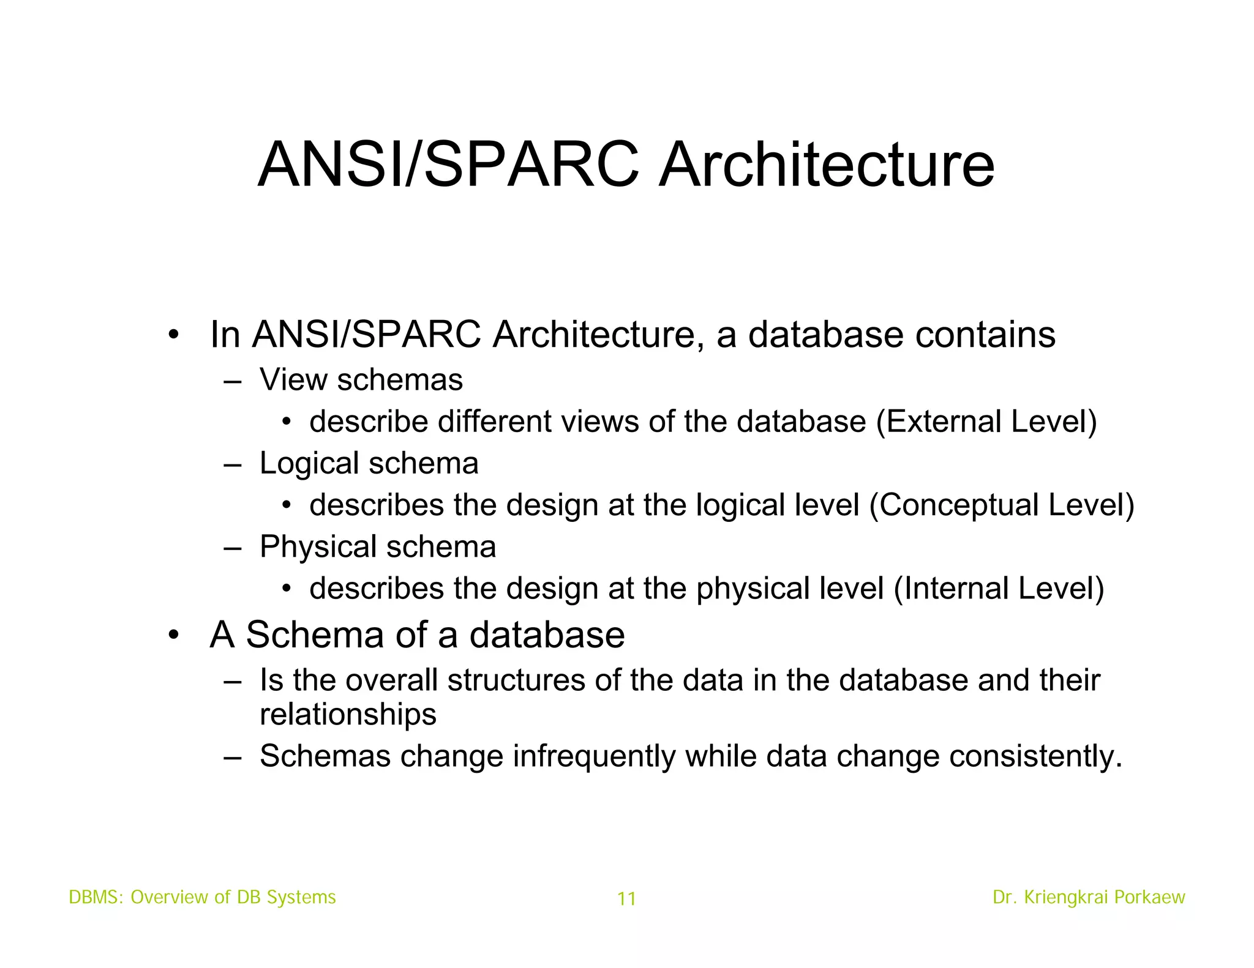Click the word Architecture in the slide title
pos(826,165)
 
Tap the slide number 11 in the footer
pos(626,899)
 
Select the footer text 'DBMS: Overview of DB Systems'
pos(202,897)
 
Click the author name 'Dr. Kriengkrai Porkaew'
pos(1089,897)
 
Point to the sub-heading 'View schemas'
pos(361,379)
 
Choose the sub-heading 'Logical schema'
pos(369,463)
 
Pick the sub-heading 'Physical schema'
pos(377,546)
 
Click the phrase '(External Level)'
pos(986,422)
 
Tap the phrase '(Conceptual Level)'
pos(1002,505)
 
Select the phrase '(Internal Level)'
pos(999,589)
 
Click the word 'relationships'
pos(348,714)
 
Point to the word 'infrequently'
pos(594,756)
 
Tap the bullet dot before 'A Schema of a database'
pos(174,635)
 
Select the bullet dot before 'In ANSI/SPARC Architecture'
pos(174,335)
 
